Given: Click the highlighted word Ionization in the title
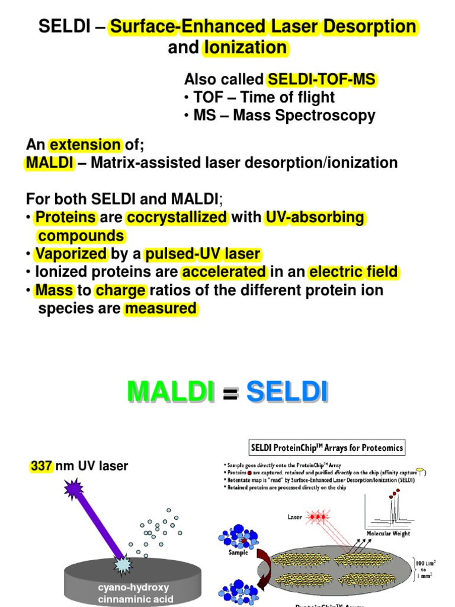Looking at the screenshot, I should [x=245, y=48].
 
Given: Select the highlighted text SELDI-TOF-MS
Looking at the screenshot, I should [x=322, y=79].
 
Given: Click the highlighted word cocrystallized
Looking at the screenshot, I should [x=177, y=218].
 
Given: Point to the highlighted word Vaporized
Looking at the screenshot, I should [x=71, y=254].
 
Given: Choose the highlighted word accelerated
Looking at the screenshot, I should [x=225, y=273].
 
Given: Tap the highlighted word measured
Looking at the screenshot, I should [x=160, y=308].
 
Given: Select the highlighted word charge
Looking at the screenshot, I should [x=120, y=291].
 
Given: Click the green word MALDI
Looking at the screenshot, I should [x=171, y=392].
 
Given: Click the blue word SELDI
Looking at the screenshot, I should [x=287, y=392].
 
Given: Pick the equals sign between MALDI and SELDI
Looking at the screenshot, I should [x=229, y=394].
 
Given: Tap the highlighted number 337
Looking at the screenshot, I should [x=41, y=467].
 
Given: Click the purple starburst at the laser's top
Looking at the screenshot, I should [x=74, y=490].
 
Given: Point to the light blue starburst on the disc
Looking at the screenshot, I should [x=124, y=565].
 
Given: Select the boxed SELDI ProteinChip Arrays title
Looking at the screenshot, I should [x=328, y=448].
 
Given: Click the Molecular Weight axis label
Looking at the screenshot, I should [x=387, y=533].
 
